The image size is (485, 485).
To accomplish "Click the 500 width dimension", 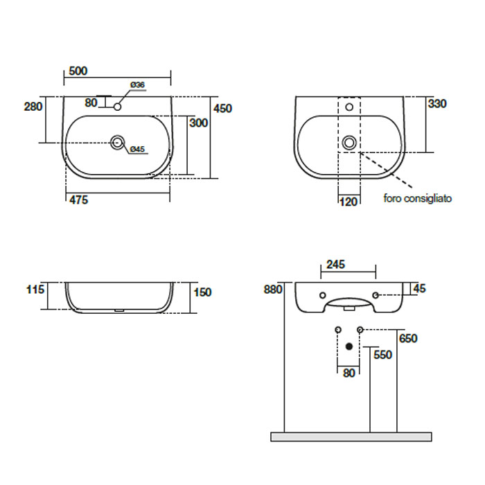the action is point(78,71).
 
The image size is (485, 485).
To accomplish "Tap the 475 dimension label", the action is point(78,200).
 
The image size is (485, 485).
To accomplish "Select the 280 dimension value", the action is point(33,107).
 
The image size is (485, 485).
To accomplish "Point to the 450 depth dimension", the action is point(222,109).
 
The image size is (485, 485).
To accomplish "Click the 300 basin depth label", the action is point(199,123).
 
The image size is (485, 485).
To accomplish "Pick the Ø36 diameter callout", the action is point(138,85).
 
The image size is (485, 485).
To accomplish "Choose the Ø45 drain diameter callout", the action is point(137,149).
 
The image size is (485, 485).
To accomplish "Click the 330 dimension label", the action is point(437,104).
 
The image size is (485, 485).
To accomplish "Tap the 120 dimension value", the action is point(349,202).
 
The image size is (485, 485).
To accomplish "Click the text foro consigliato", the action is point(418,198).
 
